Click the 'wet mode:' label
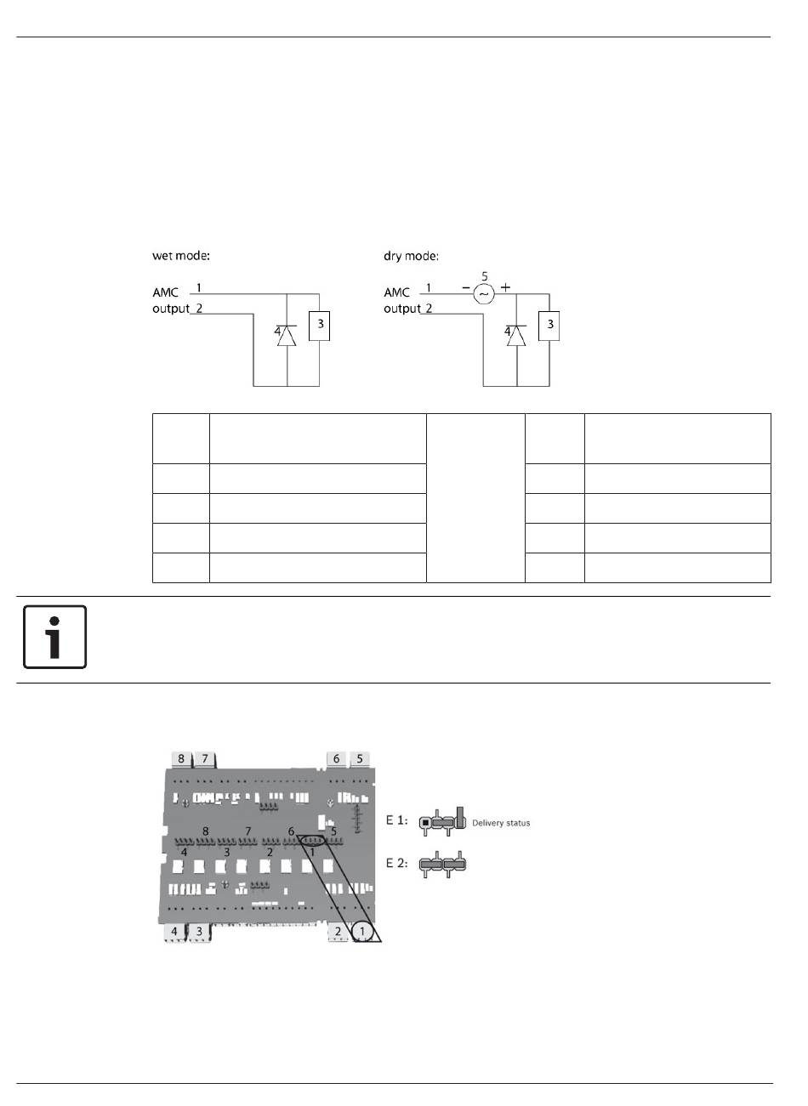click(x=181, y=256)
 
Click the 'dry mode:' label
click(x=411, y=256)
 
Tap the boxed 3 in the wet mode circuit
click(x=319, y=326)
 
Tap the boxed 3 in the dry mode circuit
click(x=549, y=326)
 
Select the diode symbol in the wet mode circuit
click(x=287, y=336)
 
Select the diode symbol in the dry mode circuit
click(x=516, y=336)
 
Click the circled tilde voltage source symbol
click(x=483, y=294)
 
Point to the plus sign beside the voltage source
click(x=506, y=286)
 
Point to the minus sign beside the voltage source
click(x=466, y=287)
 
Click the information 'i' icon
click(x=54, y=637)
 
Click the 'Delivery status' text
click(x=501, y=823)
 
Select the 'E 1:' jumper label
click(x=396, y=820)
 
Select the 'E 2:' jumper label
click(x=396, y=863)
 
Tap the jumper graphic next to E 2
click(x=442, y=864)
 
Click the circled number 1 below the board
click(x=362, y=931)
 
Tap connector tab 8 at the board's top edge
click(x=181, y=758)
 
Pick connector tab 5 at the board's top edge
click(x=360, y=758)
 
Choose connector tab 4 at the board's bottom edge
click(x=174, y=931)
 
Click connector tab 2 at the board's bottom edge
click(x=338, y=931)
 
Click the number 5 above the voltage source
click(x=485, y=276)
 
